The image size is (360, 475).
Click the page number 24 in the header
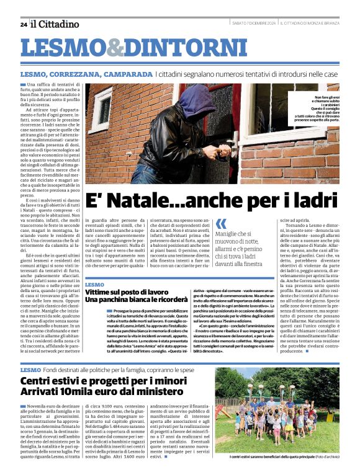24,24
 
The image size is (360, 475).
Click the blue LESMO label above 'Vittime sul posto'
95,283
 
